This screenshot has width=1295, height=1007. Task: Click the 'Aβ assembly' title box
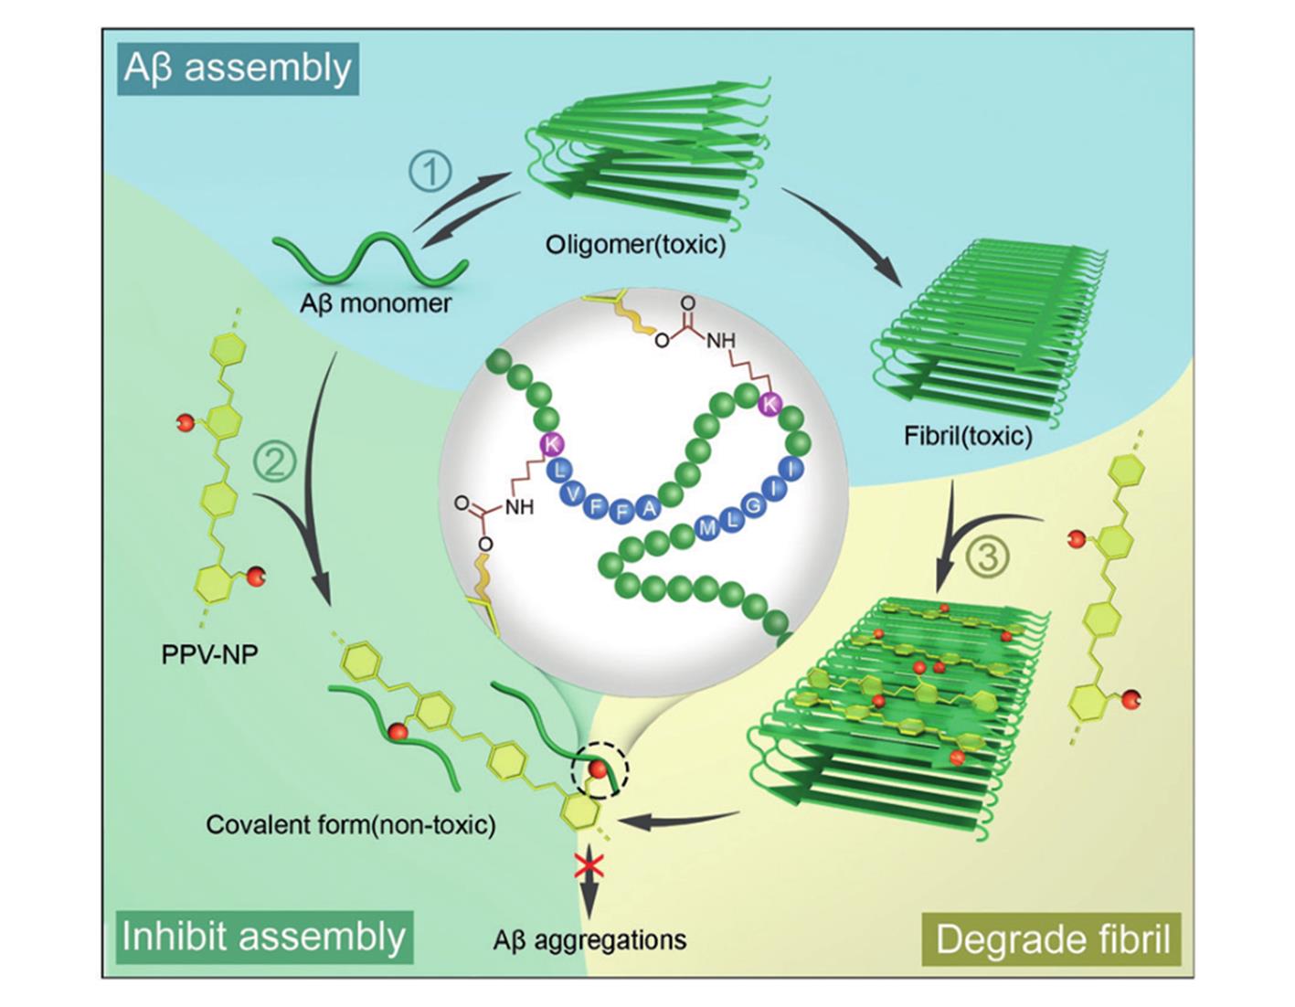pos(238,69)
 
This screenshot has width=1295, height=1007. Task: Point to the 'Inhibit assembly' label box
pos(264,937)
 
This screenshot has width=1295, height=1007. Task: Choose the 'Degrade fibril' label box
pos(1053,939)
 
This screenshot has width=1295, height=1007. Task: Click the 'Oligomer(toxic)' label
pos(635,245)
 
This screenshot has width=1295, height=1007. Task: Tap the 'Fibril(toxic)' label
pos(968,435)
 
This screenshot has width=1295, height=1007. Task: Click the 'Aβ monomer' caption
pos(375,303)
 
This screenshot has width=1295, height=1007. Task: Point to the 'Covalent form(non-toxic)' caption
pos(351,825)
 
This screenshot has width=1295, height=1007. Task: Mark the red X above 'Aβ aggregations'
pos(587,864)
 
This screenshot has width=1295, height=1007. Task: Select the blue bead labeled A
pos(647,508)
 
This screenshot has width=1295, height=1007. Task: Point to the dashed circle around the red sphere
pos(600,769)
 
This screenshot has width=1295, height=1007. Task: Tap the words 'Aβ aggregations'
pos(589,939)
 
